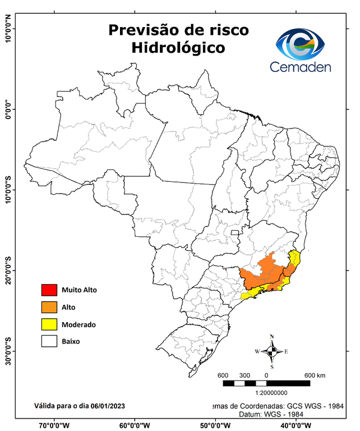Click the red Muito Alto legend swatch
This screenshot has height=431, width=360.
click(x=49, y=290)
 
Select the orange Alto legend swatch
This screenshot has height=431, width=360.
click(x=49, y=307)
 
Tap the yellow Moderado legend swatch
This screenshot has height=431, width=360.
click(x=49, y=324)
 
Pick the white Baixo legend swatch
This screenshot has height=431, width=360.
click(x=49, y=341)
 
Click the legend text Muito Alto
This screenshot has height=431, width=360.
click(x=80, y=290)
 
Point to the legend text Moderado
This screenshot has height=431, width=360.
click(x=79, y=324)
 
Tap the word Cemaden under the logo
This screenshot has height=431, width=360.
click(x=301, y=67)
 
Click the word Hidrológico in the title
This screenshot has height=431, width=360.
click(x=178, y=48)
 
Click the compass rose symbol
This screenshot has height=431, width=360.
click(x=271, y=351)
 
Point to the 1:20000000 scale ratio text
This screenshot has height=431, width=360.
click(x=272, y=393)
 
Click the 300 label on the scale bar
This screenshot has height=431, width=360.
click(x=244, y=375)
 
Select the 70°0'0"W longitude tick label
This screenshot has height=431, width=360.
click(x=54, y=425)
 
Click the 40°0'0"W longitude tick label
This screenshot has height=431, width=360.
click(x=295, y=425)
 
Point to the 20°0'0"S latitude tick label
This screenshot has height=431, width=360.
click(x=7, y=270)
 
